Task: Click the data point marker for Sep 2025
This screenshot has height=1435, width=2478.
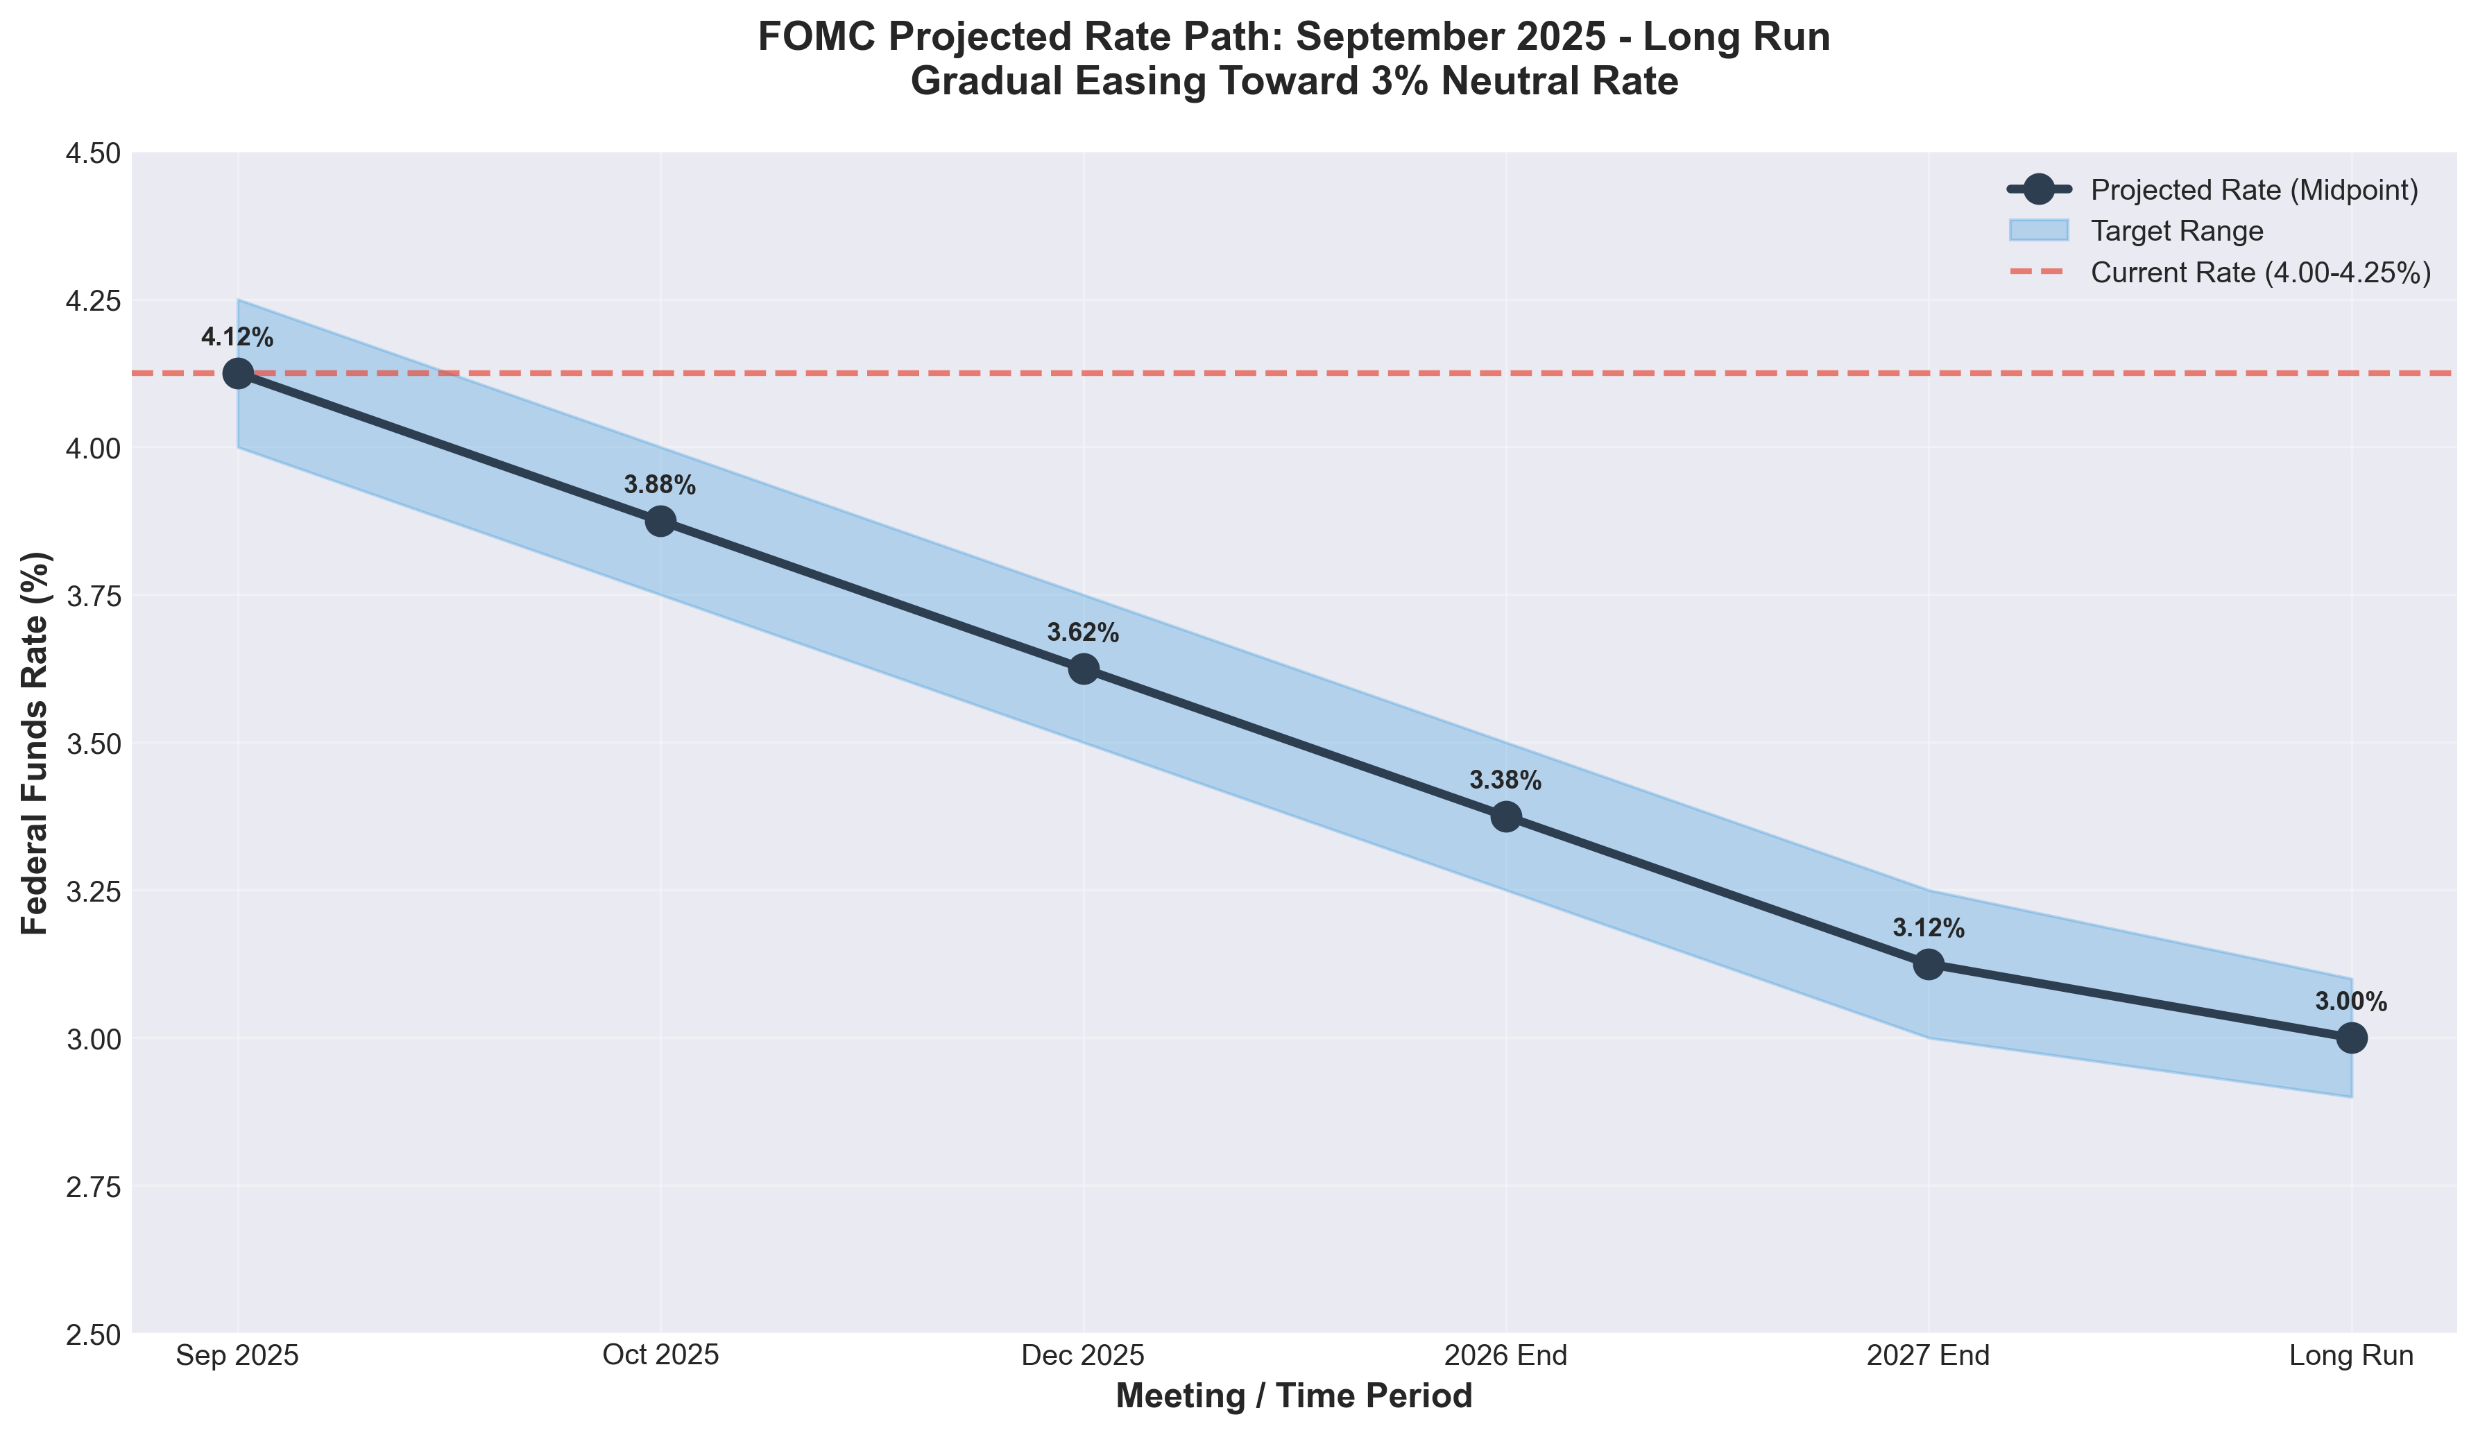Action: (237, 374)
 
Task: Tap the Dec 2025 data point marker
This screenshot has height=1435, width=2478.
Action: (1083, 669)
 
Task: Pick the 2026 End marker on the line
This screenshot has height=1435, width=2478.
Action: (1505, 817)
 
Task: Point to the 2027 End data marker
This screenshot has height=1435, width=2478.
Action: (1929, 964)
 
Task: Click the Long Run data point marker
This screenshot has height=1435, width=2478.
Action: (2351, 1038)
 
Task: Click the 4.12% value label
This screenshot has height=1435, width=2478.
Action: (237, 338)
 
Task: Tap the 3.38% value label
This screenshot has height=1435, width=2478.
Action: (1505, 782)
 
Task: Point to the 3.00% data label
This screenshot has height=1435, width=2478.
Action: (2351, 1002)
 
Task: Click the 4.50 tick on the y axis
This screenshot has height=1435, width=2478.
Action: (92, 153)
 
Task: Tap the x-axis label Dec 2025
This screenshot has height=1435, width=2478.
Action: (1083, 1357)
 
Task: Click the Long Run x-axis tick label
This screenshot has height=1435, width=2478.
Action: (2351, 1357)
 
